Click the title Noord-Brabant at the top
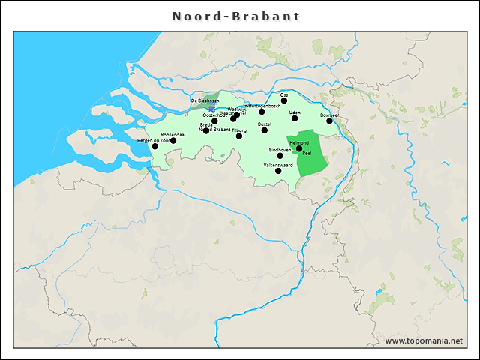click(236, 16)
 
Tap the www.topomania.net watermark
click(424, 340)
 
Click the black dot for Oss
click(283, 101)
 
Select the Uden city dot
click(295, 118)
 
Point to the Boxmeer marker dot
click(329, 121)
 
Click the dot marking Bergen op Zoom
click(155, 146)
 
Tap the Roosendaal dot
click(173, 140)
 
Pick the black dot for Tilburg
click(239, 136)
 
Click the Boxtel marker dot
click(264, 130)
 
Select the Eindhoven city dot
click(280, 156)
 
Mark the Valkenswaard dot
click(278, 171)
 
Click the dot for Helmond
click(299, 148)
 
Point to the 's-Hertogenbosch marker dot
click(262, 112)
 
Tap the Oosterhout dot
click(214, 121)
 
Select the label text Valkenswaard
click(278, 164)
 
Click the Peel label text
click(306, 153)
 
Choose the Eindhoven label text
click(280, 150)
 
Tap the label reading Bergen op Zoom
click(151, 140)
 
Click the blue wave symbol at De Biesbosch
click(213, 108)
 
